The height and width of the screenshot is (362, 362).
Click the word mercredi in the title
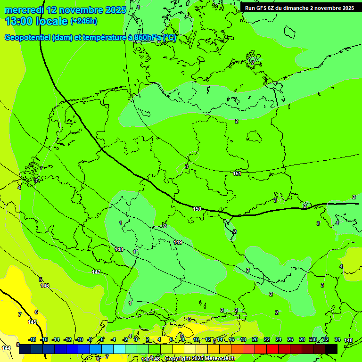(24, 10)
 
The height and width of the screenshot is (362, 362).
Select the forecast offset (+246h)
(83, 21)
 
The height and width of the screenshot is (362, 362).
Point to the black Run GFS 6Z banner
(299, 8)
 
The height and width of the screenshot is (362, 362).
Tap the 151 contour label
(237, 174)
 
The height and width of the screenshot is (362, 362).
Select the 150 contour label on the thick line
(197, 208)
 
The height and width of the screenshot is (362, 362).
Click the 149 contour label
(178, 242)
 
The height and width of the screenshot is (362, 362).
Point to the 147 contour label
(96, 272)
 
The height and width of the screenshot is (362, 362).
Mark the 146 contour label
(45, 286)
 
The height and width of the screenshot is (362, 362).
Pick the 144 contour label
(6, 347)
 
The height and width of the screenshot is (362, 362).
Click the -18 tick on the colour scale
(32, 339)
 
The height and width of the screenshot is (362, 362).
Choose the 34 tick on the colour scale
(337, 339)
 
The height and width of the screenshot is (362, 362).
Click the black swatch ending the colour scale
(331, 349)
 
